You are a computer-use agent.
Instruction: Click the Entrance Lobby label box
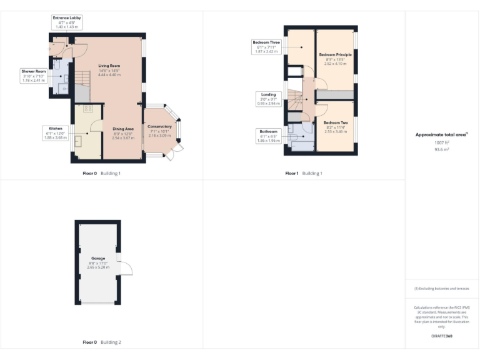[x=67, y=22]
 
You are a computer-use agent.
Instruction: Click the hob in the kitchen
[x=87, y=109]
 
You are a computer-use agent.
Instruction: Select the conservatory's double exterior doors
[x=178, y=149]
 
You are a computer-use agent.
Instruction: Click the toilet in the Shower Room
[x=57, y=64]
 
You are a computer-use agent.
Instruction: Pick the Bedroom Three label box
[x=266, y=47]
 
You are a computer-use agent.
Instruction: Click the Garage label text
[x=98, y=259]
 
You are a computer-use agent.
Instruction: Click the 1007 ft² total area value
[x=442, y=142]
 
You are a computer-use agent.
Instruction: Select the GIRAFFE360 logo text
[x=441, y=336]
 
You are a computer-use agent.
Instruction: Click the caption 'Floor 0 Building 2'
[x=102, y=342]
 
